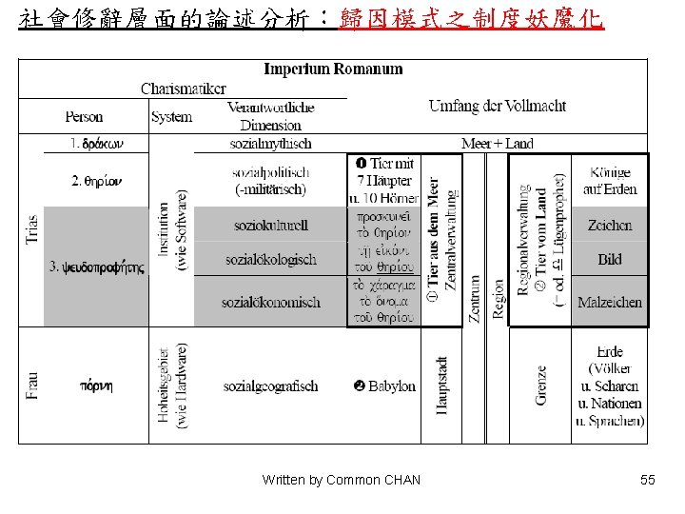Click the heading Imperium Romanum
(333, 69)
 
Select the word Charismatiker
(184, 89)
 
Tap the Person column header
(84, 117)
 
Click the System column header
(171, 117)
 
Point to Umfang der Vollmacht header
(497, 106)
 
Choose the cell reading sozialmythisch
(270, 144)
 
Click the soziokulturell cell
(270, 226)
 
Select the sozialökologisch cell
(270, 260)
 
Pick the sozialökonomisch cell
(270, 303)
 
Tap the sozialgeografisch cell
(270, 386)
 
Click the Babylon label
(384, 386)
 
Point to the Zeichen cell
(610, 226)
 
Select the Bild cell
(610, 260)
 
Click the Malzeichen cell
(610, 303)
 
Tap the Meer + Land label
(497, 144)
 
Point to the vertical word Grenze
(540, 385)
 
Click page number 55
(648, 480)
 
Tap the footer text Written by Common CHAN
(341, 480)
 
